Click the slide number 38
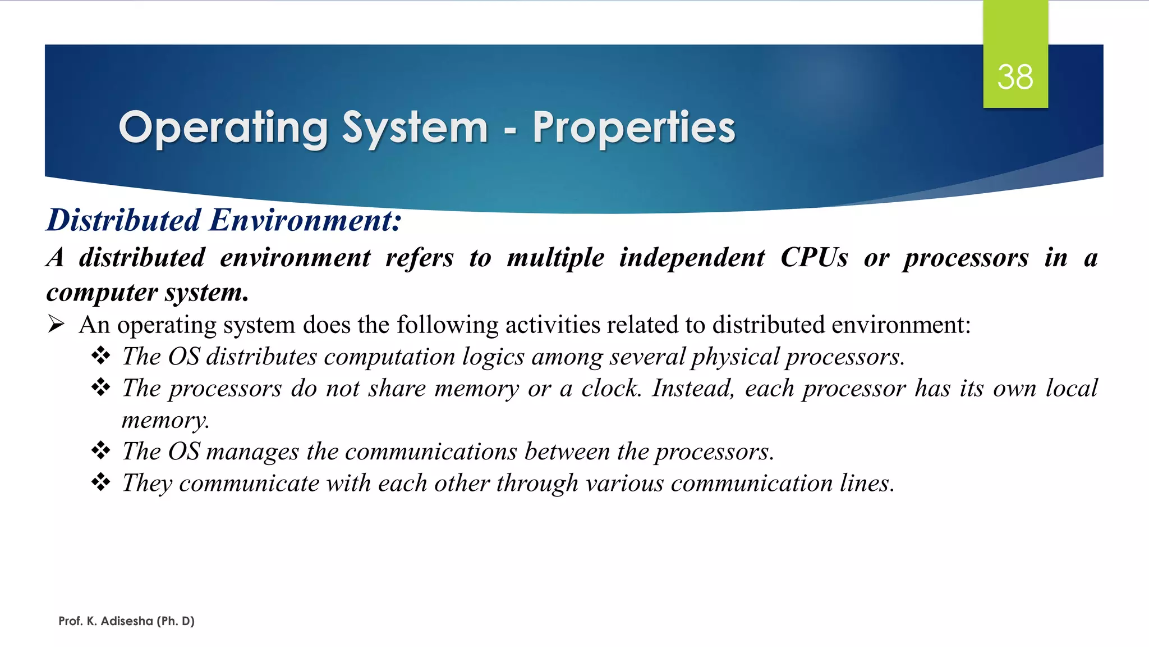pos(1015,77)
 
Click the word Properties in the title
pos(633,128)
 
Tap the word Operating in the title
pos(223,128)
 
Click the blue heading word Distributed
pos(123,220)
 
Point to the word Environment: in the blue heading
pos(305,220)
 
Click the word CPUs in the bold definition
pos(814,258)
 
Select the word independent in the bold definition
pos(691,258)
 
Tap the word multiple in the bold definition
pos(555,258)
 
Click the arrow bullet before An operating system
pos(57,324)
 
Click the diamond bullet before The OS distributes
pos(101,356)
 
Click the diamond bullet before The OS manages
pos(101,450)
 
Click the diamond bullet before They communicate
pos(101,482)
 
